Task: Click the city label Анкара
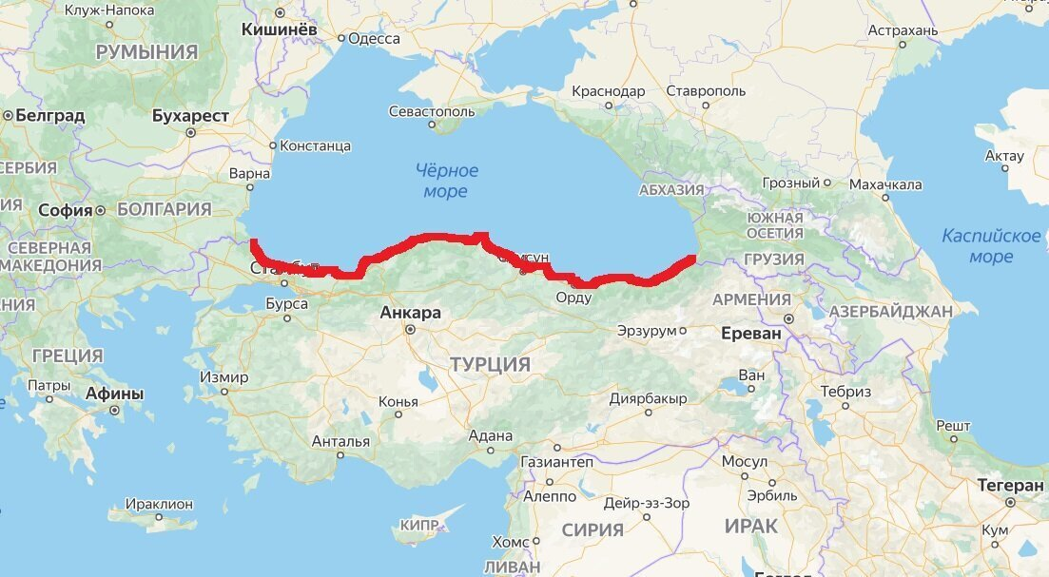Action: pyautogui.click(x=410, y=313)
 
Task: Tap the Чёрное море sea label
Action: pyautogui.click(x=446, y=181)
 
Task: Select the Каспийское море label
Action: pyautogui.click(x=991, y=245)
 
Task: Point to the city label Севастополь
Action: pyautogui.click(x=431, y=111)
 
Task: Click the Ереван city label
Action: pyautogui.click(x=751, y=334)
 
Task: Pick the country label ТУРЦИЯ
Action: pyautogui.click(x=490, y=365)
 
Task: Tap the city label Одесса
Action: pyautogui.click(x=374, y=38)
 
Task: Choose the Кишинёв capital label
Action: pyautogui.click(x=280, y=30)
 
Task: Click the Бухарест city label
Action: pyautogui.click(x=190, y=116)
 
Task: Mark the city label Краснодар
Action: pyautogui.click(x=609, y=91)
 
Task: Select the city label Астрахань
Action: pyautogui.click(x=903, y=30)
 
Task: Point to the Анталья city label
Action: pyautogui.click(x=340, y=441)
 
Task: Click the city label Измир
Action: pyautogui.click(x=223, y=377)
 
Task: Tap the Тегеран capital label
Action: pyautogui.click(x=1010, y=486)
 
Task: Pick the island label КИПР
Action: pyautogui.click(x=419, y=525)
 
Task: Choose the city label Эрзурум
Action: pyautogui.click(x=647, y=331)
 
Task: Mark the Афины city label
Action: pyautogui.click(x=114, y=394)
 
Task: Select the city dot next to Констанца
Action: pyautogui.click(x=273, y=146)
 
